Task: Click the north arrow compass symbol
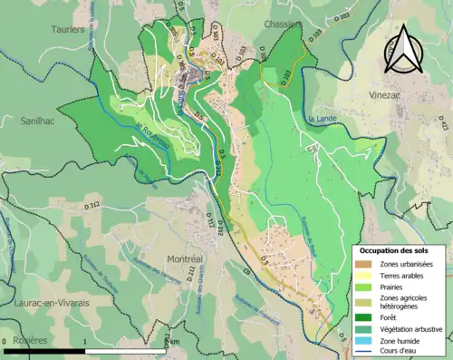pyautogui.click(x=407, y=49)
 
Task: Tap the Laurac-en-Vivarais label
pyautogui.click(x=45, y=302)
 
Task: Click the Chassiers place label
pyautogui.click(x=283, y=24)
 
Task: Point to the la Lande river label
pyautogui.click(x=323, y=119)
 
